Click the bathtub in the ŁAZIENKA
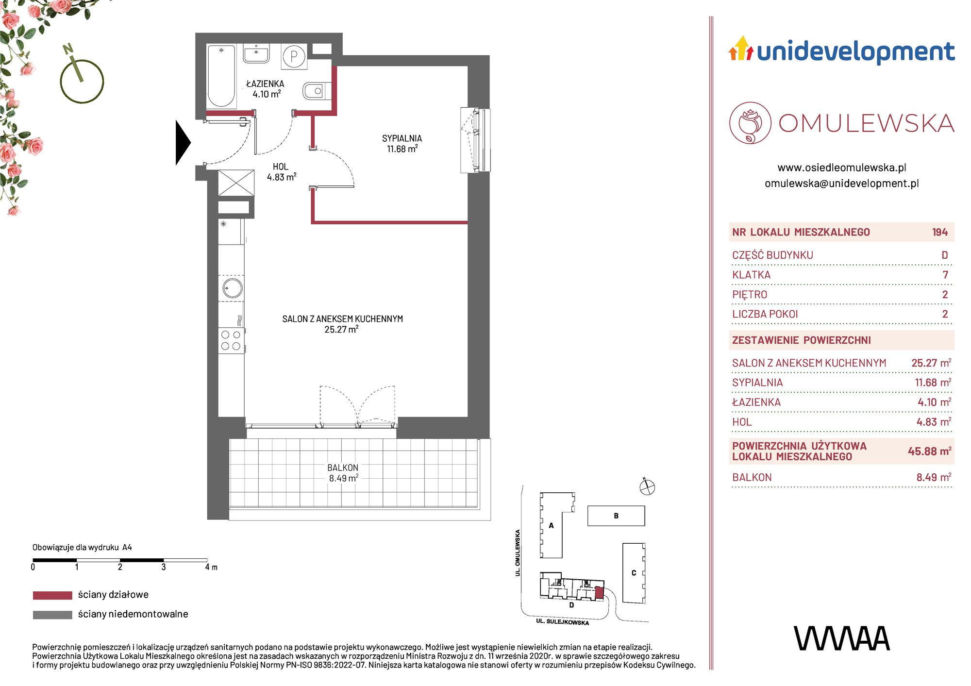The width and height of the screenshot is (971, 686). click(221, 76)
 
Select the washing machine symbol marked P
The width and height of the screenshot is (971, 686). click(294, 57)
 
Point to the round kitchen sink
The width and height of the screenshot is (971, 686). click(233, 288)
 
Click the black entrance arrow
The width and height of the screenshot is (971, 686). click(183, 143)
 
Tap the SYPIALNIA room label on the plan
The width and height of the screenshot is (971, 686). click(402, 138)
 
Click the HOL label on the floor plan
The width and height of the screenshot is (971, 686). click(281, 167)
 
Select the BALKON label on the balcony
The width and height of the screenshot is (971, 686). click(343, 468)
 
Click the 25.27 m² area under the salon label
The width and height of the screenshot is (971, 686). click(341, 329)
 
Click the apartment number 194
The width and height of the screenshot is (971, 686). click(940, 232)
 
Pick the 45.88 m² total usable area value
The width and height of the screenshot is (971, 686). click(929, 451)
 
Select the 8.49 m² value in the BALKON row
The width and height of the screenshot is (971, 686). click(934, 477)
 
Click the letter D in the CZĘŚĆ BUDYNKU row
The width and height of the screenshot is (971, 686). click(945, 255)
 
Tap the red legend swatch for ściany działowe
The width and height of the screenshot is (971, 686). click(52, 595)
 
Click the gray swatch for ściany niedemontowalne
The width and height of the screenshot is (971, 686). click(52, 615)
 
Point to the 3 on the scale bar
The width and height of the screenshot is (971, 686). click(164, 567)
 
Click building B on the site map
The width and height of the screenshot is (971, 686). click(616, 516)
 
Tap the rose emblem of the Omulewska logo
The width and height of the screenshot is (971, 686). click(750, 123)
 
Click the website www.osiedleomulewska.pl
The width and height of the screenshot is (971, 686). click(842, 167)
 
